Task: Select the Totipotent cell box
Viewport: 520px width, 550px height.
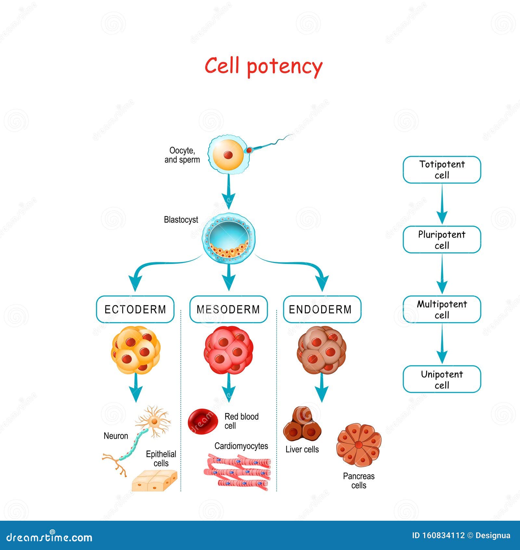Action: pos(442,170)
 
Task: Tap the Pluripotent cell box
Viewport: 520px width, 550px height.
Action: pos(442,240)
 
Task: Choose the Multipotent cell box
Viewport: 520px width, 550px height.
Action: pos(442,309)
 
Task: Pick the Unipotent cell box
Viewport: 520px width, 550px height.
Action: pos(442,379)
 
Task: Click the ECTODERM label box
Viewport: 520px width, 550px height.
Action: pos(135,309)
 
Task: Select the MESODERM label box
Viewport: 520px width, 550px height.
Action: pos(228,309)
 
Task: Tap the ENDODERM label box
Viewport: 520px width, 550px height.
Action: pos(322,309)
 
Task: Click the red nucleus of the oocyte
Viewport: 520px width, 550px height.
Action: pos(228,155)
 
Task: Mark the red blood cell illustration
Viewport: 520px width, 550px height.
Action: pos(202,422)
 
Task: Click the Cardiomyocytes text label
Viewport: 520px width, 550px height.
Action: pos(241,446)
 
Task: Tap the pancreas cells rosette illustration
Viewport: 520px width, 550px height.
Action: pos(359,445)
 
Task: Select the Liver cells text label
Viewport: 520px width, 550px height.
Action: pos(302,449)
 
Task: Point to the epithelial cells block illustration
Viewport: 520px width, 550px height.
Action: pos(155,481)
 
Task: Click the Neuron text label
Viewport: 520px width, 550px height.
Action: pos(116,436)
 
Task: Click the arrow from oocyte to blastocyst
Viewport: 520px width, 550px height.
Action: pos(228,192)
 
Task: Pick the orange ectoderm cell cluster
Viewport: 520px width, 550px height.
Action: pos(136,350)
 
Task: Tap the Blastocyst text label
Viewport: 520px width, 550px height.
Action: pos(181,220)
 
